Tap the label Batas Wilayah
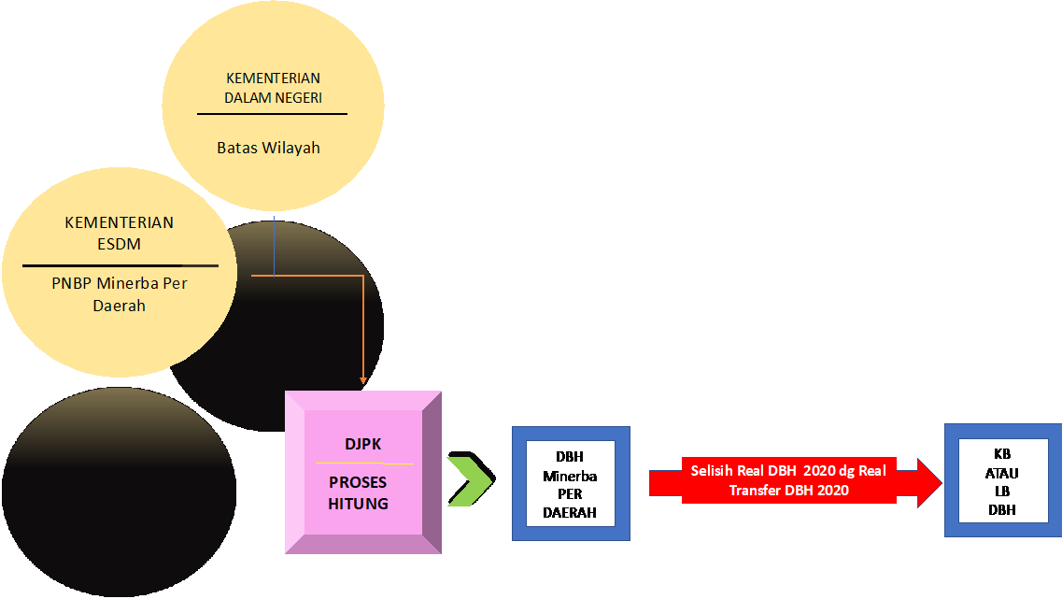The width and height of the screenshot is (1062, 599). pyautogui.click(x=268, y=148)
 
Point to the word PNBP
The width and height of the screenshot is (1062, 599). pyautogui.click(x=72, y=283)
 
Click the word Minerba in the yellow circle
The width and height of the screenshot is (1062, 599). pyautogui.click(x=129, y=283)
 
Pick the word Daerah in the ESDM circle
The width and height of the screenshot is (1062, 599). pyautogui.click(x=119, y=305)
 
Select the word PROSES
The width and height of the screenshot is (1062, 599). pyautogui.click(x=358, y=483)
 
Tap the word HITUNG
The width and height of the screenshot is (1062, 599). pyautogui.click(x=358, y=503)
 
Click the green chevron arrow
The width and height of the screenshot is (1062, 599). pyautogui.click(x=470, y=482)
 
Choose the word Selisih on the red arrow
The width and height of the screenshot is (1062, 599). pyautogui.click(x=714, y=471)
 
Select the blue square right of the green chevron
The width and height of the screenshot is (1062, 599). pyautogui.click(x=571, y=483)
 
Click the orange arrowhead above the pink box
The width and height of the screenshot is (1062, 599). pyautogui.click(x=362, y=380)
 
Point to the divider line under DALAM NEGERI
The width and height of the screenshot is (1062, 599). pyautogui.click(x=272, y=114)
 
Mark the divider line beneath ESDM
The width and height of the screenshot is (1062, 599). pyautogui.click(x=120, y=265)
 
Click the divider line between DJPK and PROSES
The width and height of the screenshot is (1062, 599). pyautogui.click(x=364, y=463)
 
